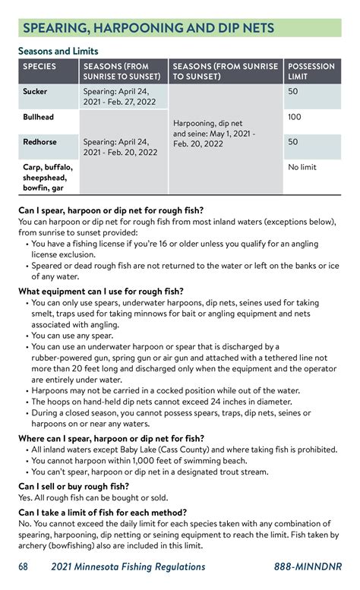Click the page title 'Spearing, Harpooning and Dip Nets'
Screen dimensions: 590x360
(148, 28)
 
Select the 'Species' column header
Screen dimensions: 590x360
(39, 67)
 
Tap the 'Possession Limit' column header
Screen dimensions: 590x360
(311, 71)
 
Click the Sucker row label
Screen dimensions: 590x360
(35, 92)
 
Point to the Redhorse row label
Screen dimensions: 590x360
(40, 141)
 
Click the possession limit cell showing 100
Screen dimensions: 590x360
(295, 118)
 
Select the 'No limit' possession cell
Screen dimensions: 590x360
(302, 167)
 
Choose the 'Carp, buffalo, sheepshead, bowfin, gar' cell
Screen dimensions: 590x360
(47, 177)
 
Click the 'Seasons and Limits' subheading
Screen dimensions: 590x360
(58, 50)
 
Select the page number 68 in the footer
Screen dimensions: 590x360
(24, 566)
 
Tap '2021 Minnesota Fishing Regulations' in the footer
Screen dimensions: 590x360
(128, 566)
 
